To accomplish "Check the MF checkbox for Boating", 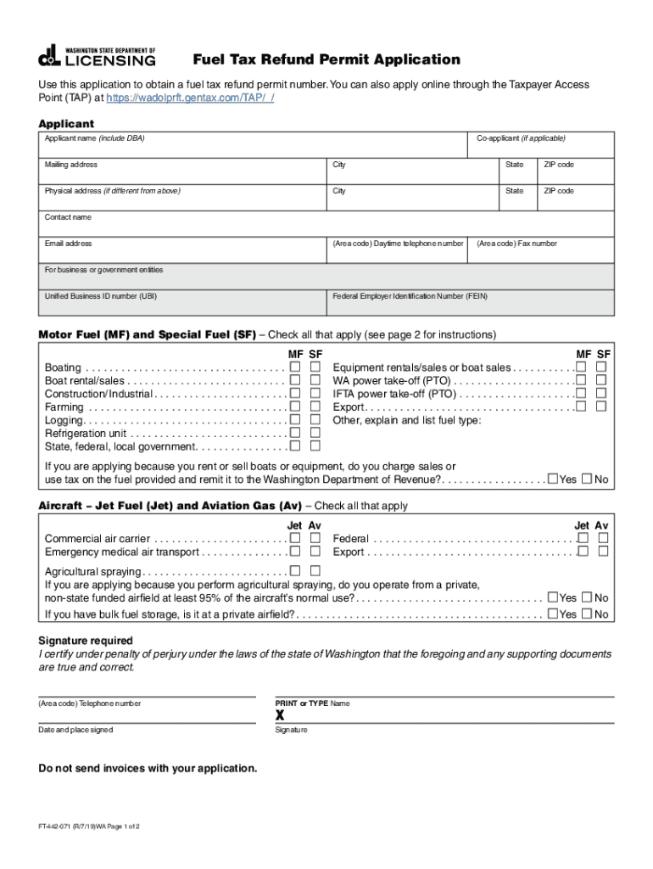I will (295, 367).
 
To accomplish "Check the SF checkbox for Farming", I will (315, 407).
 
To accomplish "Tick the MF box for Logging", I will (295, 420).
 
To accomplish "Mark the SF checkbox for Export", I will (601, 406).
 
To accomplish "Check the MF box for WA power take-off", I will (582, 380).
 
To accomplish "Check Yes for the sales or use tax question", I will (553, 479).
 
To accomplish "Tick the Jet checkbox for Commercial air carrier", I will (295, 538).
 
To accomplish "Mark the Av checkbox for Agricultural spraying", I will (315, 571).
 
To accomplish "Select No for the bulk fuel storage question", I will (587, 614).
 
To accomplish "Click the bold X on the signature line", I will (280, 715).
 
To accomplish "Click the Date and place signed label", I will (75, 730).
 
